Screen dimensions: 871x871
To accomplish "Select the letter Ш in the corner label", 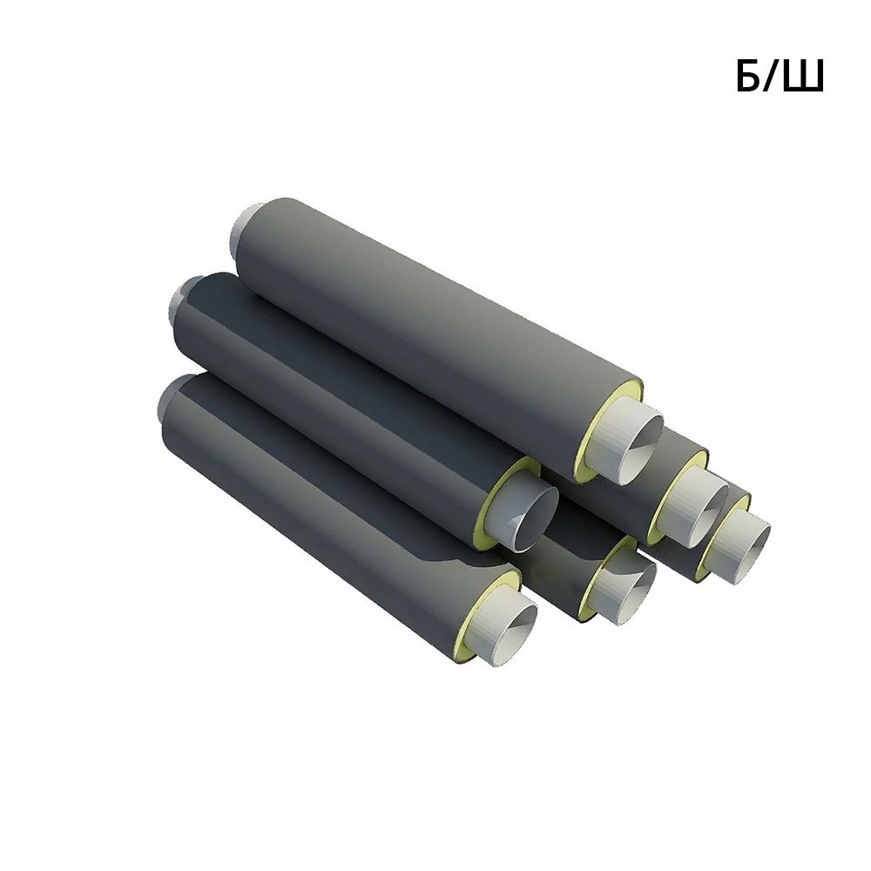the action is (803, 76).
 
